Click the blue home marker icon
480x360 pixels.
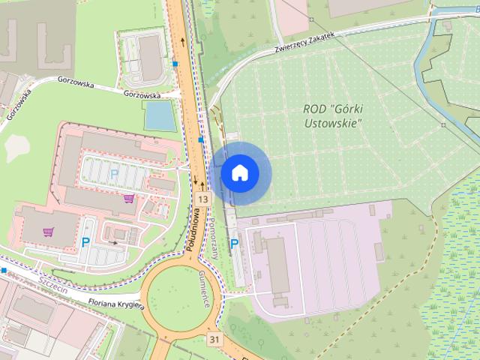point(239,173)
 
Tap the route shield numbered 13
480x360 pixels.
point(203,199)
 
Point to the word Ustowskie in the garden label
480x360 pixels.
point(331,121)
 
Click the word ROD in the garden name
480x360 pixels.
point(313,109)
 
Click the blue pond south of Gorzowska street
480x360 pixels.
point(159,115)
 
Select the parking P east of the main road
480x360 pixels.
point(235,243)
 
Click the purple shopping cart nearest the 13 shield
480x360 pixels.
point(129,199)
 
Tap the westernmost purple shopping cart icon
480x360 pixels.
point(49,232)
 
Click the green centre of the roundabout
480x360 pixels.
point(180,296)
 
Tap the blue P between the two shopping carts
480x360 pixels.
point(86,242)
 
